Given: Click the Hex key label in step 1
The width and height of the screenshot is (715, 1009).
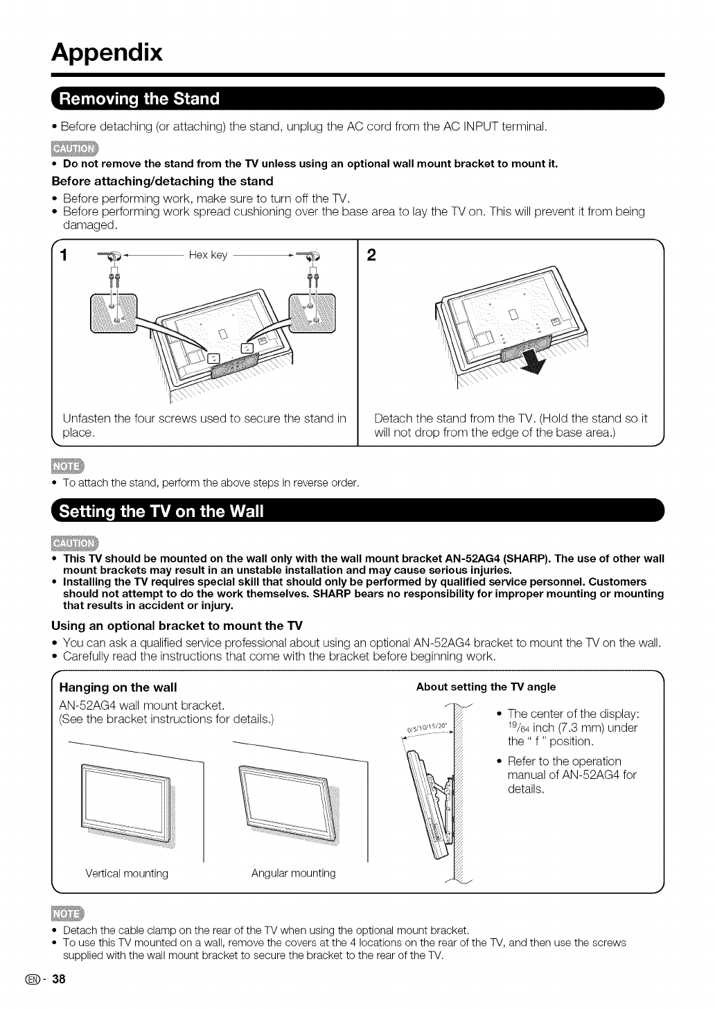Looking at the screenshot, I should point(208,255).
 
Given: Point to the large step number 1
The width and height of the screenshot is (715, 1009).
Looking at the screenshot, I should point(63,256).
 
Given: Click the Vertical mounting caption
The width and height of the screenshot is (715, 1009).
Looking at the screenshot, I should point(127,873).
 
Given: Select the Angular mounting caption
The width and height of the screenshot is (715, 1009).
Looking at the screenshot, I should point(293,873).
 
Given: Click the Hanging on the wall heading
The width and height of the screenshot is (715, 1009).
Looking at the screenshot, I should point(118,687).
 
